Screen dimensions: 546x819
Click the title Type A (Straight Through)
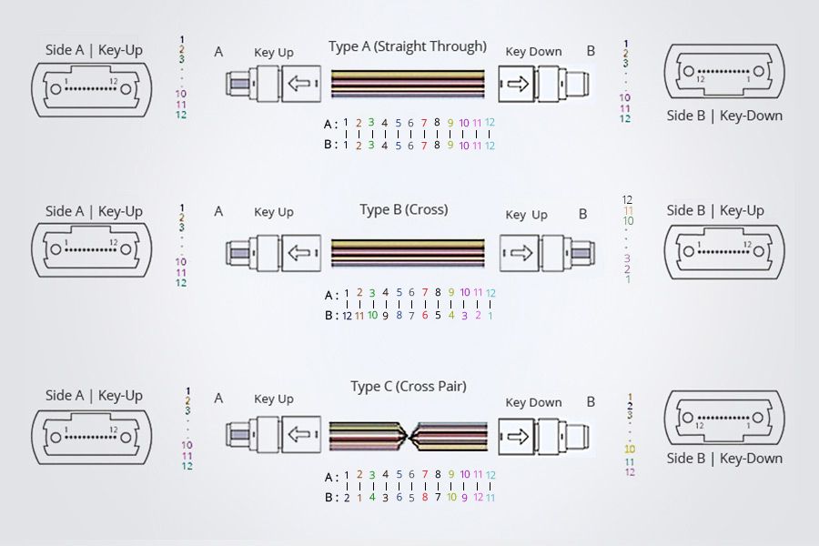408,46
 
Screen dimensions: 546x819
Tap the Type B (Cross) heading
404,209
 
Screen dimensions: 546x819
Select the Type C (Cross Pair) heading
409,386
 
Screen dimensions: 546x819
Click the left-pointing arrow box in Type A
299,85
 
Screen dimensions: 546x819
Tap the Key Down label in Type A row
533,52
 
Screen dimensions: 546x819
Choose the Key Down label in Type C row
533,402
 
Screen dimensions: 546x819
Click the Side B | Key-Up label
715,210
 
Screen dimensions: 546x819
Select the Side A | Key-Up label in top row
94,49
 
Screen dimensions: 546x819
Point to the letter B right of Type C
591,401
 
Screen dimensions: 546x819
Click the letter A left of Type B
218,211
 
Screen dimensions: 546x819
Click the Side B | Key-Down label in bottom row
724,458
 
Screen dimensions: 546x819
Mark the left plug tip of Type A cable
236,86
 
